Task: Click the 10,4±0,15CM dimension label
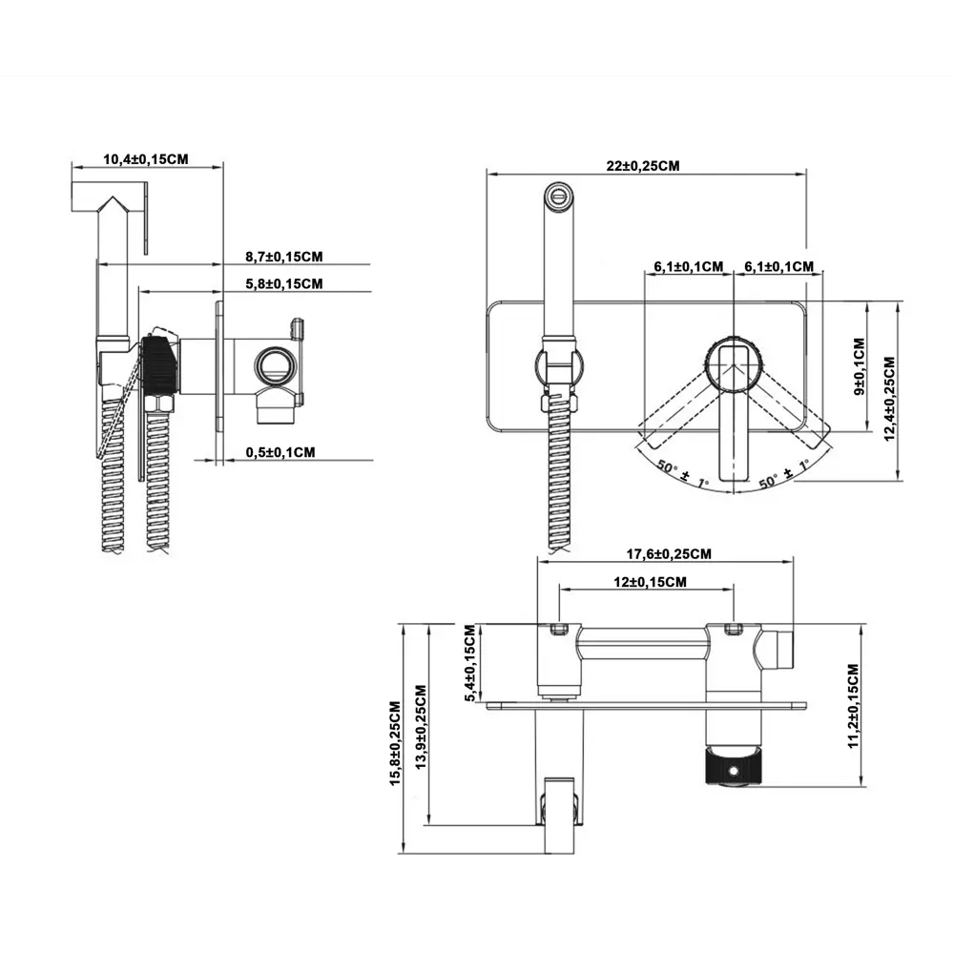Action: click(145, 159)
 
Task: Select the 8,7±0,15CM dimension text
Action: click(283, 256)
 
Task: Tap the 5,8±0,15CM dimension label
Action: click(283, 283)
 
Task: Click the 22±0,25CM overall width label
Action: click(643, 165)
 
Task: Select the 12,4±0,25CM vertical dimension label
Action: click(889, 392)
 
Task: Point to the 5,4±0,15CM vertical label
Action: click(468, 664)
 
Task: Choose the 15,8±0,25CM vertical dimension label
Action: click(395, 744)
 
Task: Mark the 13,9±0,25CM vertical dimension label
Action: click(420, 730)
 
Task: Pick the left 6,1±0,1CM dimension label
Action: click(689, 266)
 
